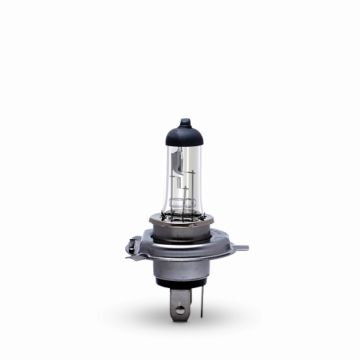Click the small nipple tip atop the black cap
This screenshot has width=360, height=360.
point(184,120)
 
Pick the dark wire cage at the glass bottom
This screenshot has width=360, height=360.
point(183,209)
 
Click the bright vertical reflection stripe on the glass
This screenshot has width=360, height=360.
point(167,180)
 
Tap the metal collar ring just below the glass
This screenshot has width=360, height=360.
point(184,218)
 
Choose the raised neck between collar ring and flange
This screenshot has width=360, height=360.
point(184,232)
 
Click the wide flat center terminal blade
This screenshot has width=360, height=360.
point(179,302)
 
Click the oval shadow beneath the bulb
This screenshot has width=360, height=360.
point(144,317)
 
